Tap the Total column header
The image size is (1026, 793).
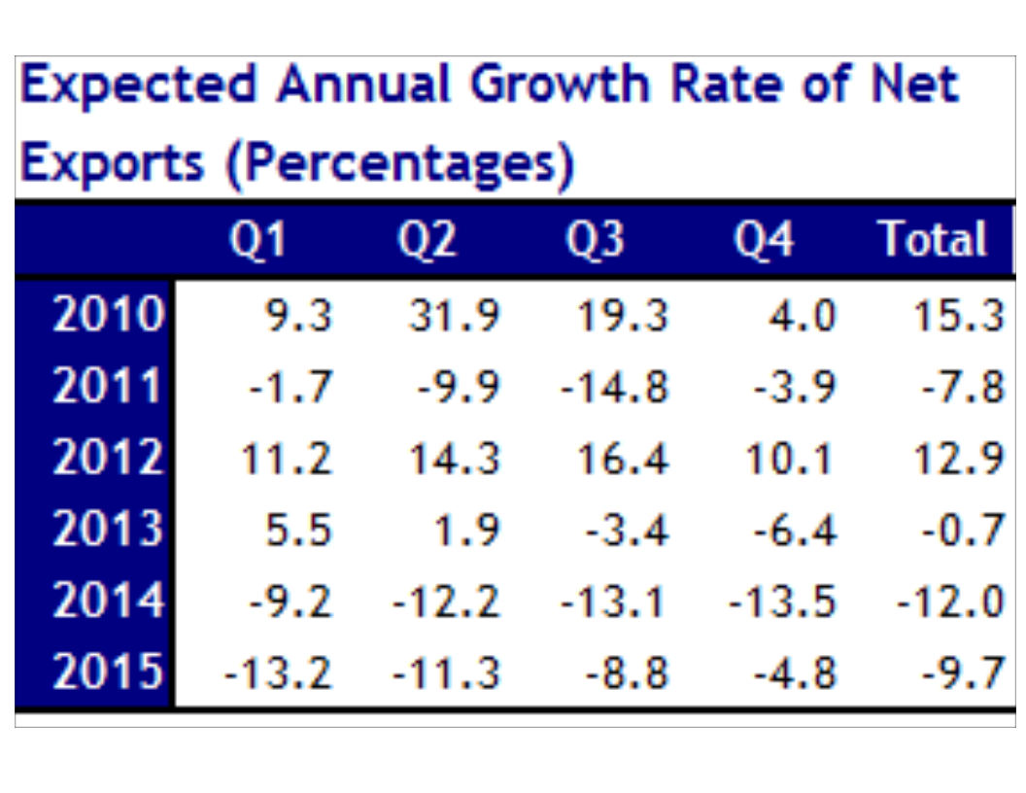click(x=932, y=240)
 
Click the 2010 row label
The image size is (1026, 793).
click(x=108, y=316)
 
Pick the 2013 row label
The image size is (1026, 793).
click(x=108, y=531)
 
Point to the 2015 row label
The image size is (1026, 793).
click(x=108, y=673)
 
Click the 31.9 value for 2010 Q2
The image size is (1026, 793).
click(x=454, y=317)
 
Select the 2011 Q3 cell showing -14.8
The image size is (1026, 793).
click(x=614, y=389)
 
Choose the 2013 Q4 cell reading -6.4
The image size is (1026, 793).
click(x=794, y=532)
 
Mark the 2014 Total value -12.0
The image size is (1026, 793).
click(x=949, y=603)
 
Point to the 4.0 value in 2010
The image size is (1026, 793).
click(x=802, y=317)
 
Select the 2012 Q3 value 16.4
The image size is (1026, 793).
click(x=622, y=460)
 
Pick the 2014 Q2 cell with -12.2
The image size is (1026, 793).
click(x=446, y=603)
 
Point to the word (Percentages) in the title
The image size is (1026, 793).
click(x=400, y=166)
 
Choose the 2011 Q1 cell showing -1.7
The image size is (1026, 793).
click(x=291, y=389)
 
